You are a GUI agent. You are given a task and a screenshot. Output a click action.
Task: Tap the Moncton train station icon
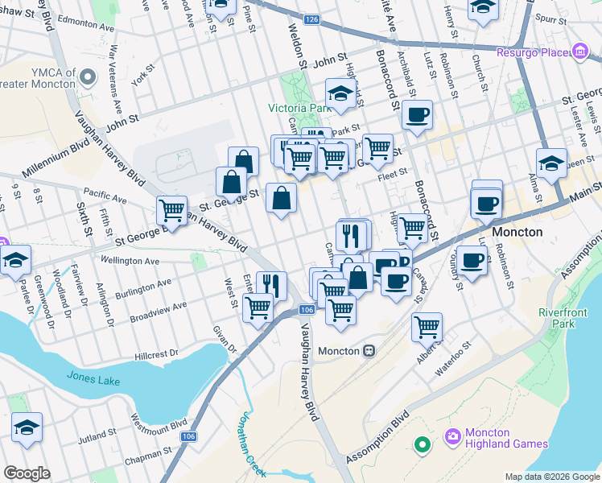click(x=369, y=351)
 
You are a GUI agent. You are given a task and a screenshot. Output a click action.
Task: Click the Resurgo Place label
click(x=535, y=53)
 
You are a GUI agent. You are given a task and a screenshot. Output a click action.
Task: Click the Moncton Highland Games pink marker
click(x=452, y=436)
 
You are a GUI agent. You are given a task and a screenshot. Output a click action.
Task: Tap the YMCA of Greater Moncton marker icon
click(x=87, y=77)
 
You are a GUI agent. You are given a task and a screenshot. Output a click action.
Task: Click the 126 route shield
click(x=312, y=19)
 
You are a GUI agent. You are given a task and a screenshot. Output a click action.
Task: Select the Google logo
click(x=27, y=473)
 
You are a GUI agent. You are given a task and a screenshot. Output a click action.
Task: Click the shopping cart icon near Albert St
click(x=427, y=326)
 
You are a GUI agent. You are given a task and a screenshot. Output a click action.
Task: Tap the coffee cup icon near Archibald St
click(x=416, y=114)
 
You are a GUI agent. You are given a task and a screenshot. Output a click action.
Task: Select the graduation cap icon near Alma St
click(x=551, y=162)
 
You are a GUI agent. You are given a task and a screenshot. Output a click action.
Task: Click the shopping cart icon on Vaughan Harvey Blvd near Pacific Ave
click(x=172, y=210)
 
